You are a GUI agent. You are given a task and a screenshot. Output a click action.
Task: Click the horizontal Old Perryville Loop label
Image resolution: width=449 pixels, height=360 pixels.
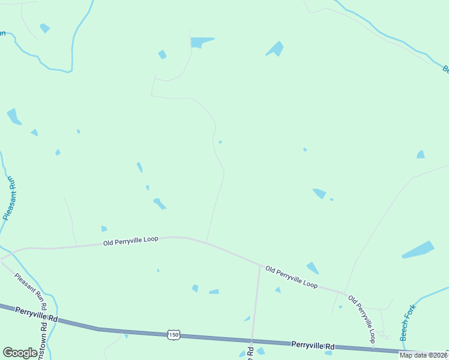tap(130, 240)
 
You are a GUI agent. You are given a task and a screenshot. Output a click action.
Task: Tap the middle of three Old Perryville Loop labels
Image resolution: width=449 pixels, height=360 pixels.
tap(292, 277)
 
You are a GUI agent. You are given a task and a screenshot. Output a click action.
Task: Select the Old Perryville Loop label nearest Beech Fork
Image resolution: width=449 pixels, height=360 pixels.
tap(365, 318)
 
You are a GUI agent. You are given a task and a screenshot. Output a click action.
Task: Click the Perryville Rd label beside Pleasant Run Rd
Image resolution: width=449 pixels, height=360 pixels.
tap(36, 314)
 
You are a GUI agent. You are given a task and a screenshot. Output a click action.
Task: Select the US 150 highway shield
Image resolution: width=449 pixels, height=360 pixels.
tap(173, 335)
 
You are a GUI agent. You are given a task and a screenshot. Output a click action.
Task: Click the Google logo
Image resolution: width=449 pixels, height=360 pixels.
tap(20, 352)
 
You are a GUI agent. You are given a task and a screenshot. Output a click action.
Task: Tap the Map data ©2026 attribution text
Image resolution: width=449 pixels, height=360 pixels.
tap(424, 355)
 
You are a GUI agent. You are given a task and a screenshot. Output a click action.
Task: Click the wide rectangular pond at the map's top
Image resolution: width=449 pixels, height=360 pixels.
tap(202, 42)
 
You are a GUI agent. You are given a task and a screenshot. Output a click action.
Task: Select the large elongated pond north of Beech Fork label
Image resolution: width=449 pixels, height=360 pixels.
tap(418, 250)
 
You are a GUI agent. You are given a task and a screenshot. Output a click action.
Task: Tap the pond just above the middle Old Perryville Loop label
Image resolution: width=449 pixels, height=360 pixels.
tap(313, 268)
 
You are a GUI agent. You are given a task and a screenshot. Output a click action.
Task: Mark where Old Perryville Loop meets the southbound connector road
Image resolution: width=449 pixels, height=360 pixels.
tap(259, 265)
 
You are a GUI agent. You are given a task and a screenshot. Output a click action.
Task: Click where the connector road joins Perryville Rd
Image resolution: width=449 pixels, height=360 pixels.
tap(252, 341)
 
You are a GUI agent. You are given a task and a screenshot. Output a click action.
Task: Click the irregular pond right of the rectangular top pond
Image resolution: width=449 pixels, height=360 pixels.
tap(276, 49)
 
